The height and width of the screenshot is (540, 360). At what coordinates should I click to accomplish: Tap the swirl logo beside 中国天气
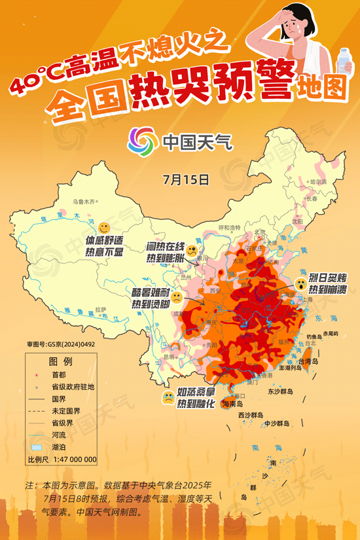coord(142,139)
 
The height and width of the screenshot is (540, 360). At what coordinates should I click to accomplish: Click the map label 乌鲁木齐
coord(84,202)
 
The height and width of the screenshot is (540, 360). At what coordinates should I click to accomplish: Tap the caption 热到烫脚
coord(151,304)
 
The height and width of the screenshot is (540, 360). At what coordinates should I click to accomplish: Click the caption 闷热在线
coord(164,247)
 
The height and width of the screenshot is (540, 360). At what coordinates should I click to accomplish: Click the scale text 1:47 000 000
coord(71,459)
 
